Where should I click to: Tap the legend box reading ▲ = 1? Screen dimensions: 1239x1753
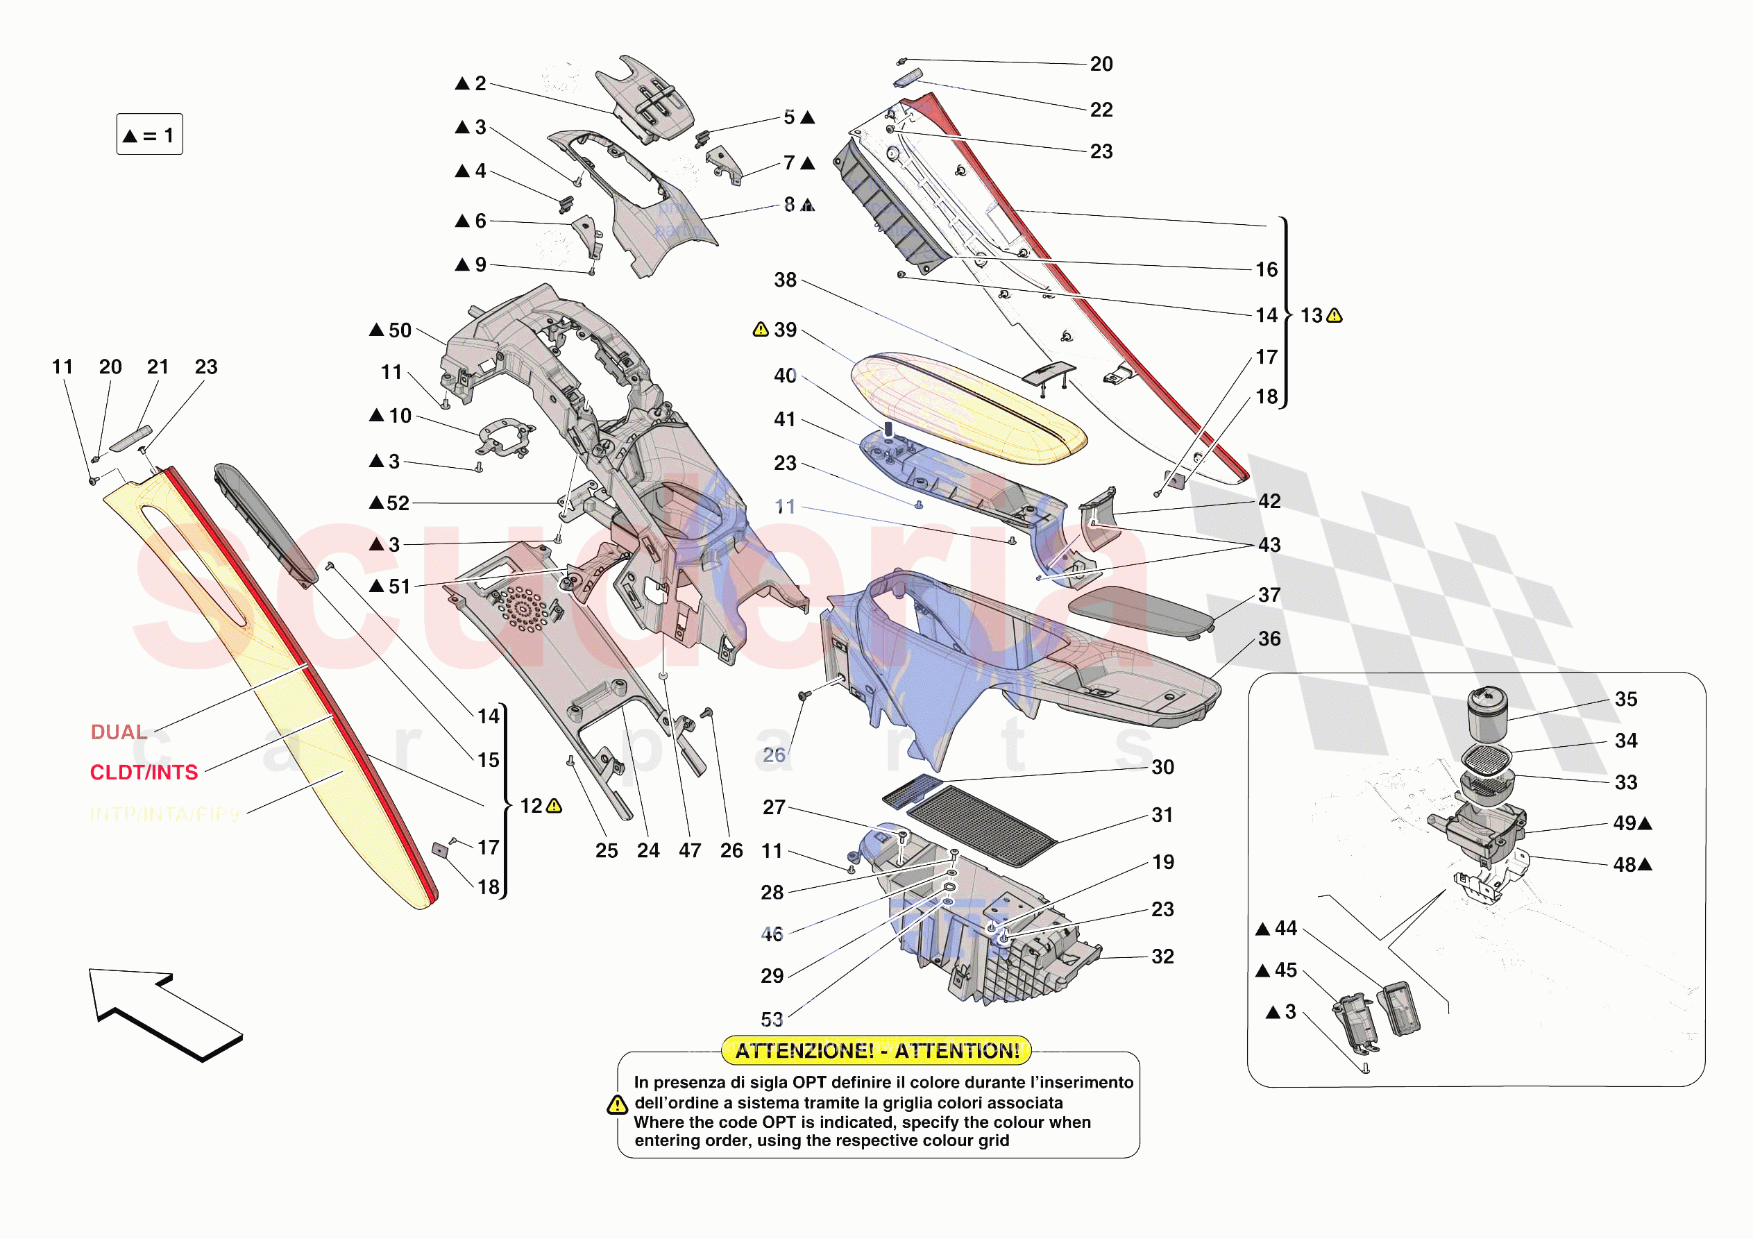pos(150,135)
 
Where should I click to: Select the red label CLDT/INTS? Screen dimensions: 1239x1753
pos(144,773)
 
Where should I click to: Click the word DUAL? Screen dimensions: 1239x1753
pos(119,732)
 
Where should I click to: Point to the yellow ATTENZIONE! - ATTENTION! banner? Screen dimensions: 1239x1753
pos(877,1050)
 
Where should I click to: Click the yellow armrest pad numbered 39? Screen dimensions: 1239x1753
pos(967,409)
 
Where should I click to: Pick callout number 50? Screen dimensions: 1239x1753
pos(399,330)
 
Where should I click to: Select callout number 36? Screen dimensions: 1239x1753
pos(1269,639)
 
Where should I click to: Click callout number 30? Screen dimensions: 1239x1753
pos(1162,767)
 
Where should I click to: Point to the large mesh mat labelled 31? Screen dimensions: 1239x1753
pos(982,825)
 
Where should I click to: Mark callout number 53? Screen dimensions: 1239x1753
pos(772,1019)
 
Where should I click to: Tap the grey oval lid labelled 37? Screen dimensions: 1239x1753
pos(1139,610)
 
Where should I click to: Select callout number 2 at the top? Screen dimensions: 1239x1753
pos(480,83)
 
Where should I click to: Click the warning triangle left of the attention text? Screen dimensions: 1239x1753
pos(617,1105)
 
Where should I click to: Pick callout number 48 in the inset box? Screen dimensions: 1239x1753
pos(1624,865)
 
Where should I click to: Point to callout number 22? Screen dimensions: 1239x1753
pos(1101,110)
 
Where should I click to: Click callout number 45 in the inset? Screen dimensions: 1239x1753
pos(1286,970)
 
